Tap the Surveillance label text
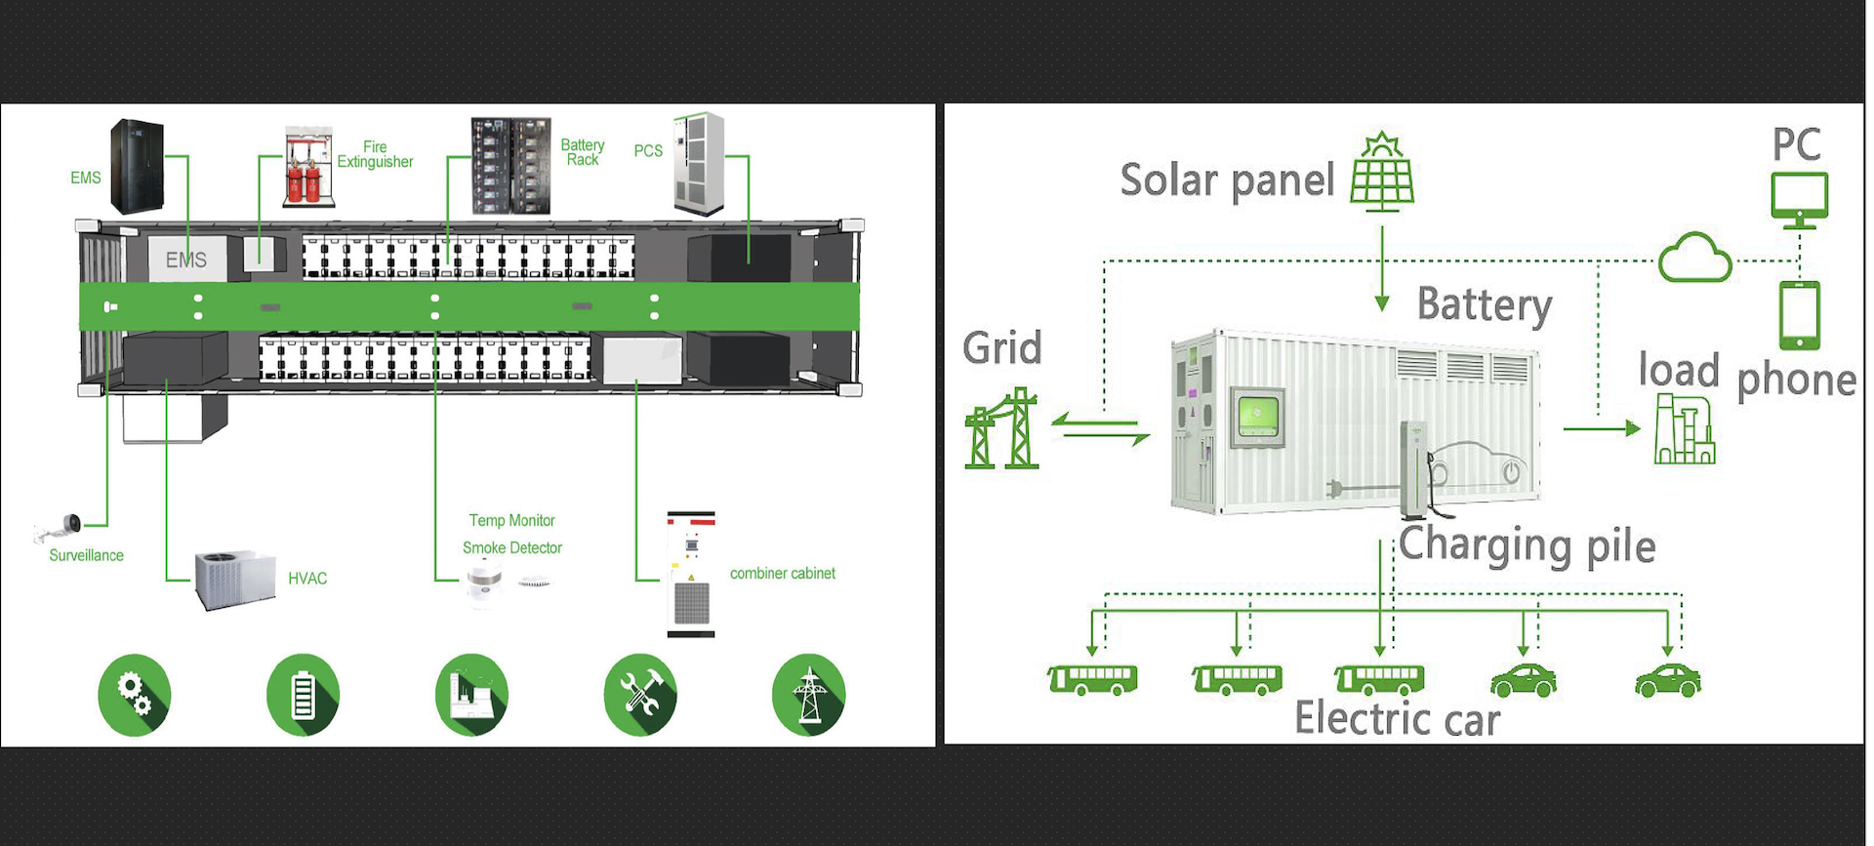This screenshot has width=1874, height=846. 87,555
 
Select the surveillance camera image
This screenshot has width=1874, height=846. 60,528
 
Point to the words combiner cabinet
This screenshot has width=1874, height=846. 782,574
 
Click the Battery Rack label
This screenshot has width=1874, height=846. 583,152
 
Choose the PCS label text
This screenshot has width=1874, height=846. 648,151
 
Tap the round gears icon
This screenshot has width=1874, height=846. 135,695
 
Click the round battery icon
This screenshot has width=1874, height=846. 304,695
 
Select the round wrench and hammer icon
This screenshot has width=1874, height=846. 640,695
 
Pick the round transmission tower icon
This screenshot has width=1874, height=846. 809,695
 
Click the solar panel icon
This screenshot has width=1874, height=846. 1382,174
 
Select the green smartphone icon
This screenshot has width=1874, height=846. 1799,315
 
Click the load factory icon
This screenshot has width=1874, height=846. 1685,429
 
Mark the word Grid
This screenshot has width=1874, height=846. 1002,348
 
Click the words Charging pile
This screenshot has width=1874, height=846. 1527,545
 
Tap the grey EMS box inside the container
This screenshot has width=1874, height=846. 186,260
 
